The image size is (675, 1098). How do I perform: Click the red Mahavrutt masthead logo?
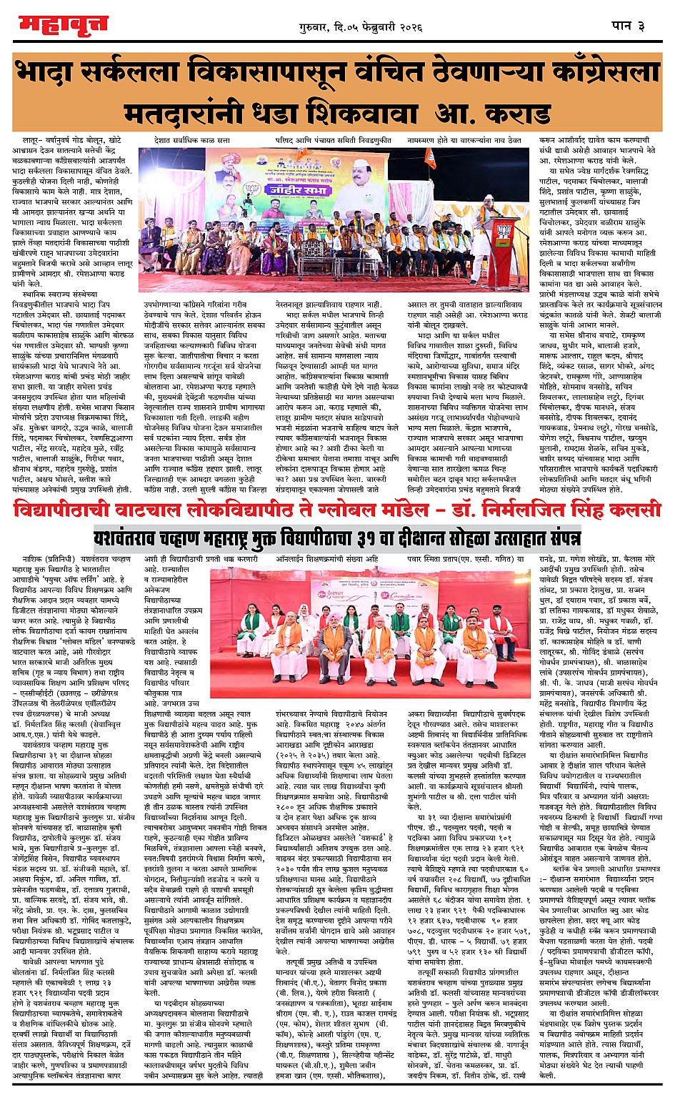tap(63, 26)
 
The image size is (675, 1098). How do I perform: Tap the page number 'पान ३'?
tap(629, 26)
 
